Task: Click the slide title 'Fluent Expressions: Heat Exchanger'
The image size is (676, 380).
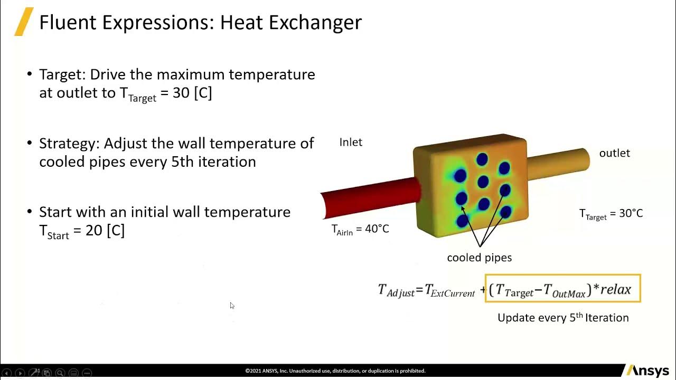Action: click(x=200, y=22)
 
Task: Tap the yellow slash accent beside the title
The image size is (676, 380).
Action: click(x=23, y=22)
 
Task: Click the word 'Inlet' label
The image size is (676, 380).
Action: click(x=351, y=142)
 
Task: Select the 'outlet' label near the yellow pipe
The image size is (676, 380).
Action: click(x=614, y=153)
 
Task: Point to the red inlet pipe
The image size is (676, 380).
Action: click(x=370, y=198)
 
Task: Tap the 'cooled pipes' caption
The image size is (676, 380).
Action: click(x=479, y=258)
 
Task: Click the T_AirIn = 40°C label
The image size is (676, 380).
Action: click(x=360, y=229)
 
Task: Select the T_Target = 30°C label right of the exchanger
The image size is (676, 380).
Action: click(x=611, y=214)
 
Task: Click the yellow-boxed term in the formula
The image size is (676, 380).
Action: click(x=562, y=289)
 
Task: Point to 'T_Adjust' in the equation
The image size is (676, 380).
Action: click(x=396, y=290)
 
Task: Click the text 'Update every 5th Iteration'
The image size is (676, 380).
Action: click(x=563, y=318)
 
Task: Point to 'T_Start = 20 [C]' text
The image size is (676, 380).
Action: click(x=82, y=231)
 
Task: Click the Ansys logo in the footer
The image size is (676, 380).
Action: click(x=647, y=371)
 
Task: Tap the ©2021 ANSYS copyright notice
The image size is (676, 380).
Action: click(x=335, y=371)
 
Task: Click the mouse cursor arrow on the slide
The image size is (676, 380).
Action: click(x=232, y=306)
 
